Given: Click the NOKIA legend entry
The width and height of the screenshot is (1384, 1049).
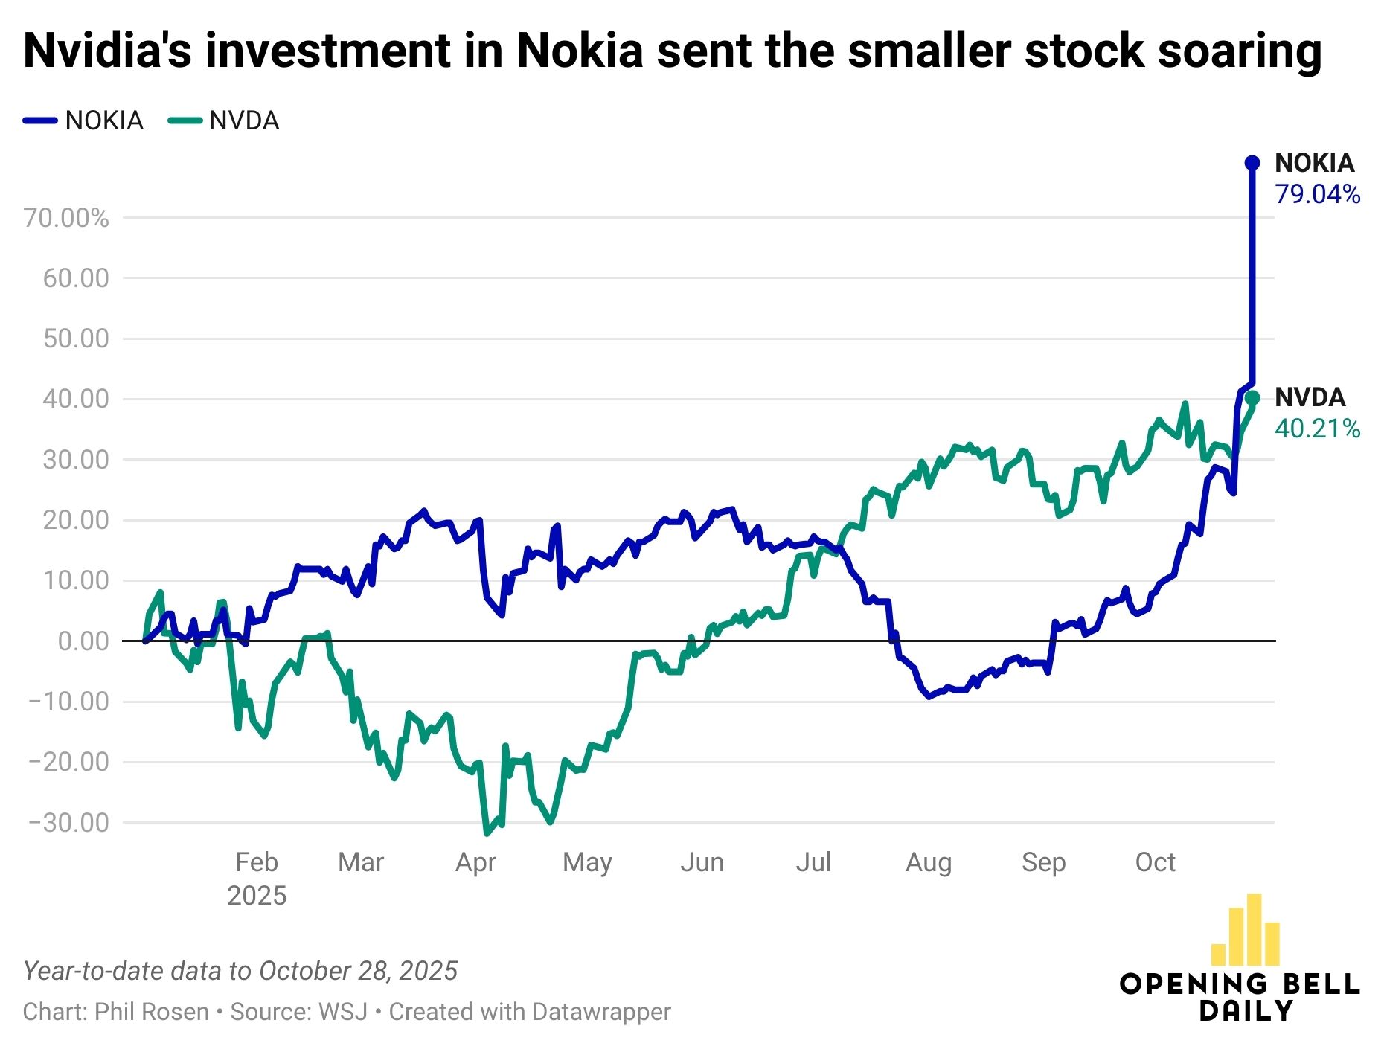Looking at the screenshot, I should pyautogui.click(x=83, y=121).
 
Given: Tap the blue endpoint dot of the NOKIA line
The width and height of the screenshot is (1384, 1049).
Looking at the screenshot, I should pyautogui.click(x=1252, y=163).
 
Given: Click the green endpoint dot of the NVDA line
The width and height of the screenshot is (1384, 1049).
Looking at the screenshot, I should pyautogui.click(x=1252, y=397).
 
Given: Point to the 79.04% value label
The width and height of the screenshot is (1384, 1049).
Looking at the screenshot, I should pyautogui.click(x=1317, y=194).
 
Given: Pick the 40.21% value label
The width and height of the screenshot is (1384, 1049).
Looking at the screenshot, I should pyautogui.click(x=1317, y=429).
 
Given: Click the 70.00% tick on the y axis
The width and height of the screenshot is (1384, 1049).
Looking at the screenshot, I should pyautogui.click(x=66, y=218).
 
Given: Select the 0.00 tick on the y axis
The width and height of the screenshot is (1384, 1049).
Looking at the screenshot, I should pyautogui.click(x=83, y=641).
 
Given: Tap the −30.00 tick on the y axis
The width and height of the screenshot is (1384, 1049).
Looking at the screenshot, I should pyautogui.click(x=68, y=822).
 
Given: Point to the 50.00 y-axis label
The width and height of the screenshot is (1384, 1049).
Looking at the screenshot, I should pyautogui.click(x=76, y=339).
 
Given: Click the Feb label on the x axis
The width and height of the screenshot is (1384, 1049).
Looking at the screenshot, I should pyautogui.click(x=257, y=862).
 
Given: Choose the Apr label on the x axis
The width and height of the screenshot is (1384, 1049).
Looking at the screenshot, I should pyautogui.click(x=475, y=862).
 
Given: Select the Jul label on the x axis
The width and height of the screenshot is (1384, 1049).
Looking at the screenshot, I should pyautogui.click(x=813, y=862).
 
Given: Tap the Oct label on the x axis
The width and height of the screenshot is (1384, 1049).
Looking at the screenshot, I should pyautogui.click(x=1155, y=862).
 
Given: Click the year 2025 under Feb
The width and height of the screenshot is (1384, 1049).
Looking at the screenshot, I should pyautogui.click(x=257, y=896).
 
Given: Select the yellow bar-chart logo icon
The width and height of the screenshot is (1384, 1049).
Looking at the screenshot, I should pyautogui.click(x=1245, y=930).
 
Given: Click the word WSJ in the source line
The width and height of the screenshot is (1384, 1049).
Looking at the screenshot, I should pyautogui.click(x=343, y=1012).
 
